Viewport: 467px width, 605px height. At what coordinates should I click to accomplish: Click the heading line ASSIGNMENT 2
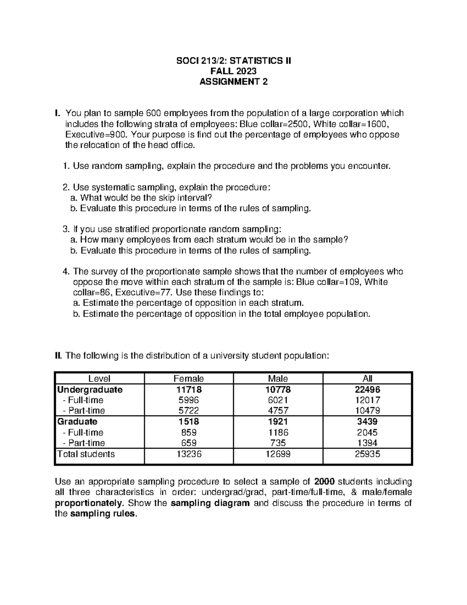233,82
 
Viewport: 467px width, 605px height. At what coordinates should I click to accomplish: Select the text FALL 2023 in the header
233,71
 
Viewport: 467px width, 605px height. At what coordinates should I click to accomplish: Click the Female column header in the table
189,378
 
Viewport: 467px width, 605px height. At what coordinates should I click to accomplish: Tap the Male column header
278,378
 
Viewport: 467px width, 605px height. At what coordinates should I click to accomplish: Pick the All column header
367,378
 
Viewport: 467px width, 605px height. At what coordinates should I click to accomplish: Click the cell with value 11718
189,390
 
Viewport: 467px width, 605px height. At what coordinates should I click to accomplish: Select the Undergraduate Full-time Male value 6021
278,400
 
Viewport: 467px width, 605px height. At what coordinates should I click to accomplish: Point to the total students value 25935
367,454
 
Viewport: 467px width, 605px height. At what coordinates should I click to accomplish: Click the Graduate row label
77,422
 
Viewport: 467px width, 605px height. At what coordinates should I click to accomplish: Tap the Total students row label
86,454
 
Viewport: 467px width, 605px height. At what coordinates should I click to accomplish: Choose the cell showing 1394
367,443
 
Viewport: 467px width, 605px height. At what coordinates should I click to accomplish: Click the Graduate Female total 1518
189,422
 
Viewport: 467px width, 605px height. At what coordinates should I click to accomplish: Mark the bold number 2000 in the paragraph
324,482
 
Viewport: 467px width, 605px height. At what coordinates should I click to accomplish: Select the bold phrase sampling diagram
210,503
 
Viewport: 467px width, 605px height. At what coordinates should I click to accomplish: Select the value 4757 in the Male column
278,411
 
